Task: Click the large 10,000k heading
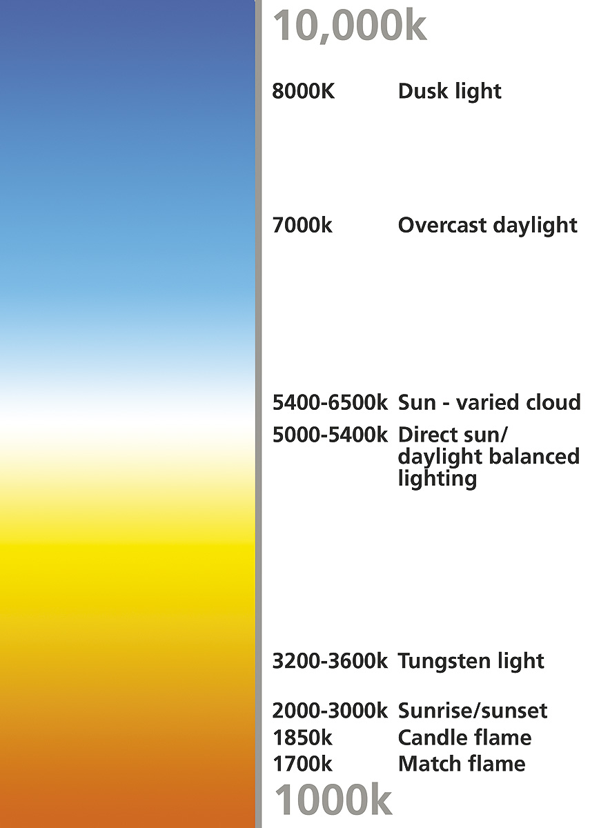(x=349, y=27)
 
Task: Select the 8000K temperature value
(x=304, y=91)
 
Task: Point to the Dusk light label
(x=449, y=91)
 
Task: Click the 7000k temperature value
(x=302, y=225)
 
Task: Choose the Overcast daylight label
(x=488, y=225)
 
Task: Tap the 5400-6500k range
(x=330, y=402)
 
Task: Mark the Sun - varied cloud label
(x=489, y=402)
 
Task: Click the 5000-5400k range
(x=330, y=435)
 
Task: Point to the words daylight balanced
(x=489, y=457)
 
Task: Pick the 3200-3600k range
(x=330, y=661)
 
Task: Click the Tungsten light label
(x=471, y=662)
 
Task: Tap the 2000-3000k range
(x=330, y=711)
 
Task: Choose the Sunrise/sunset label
(x=473, y=711)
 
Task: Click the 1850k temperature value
(x=302, y=738)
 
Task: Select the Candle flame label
(x=464, y=738)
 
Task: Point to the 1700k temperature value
(x=302, y=764)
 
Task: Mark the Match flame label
(x=462, y=764)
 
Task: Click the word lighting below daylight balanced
(x=437, y=480)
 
